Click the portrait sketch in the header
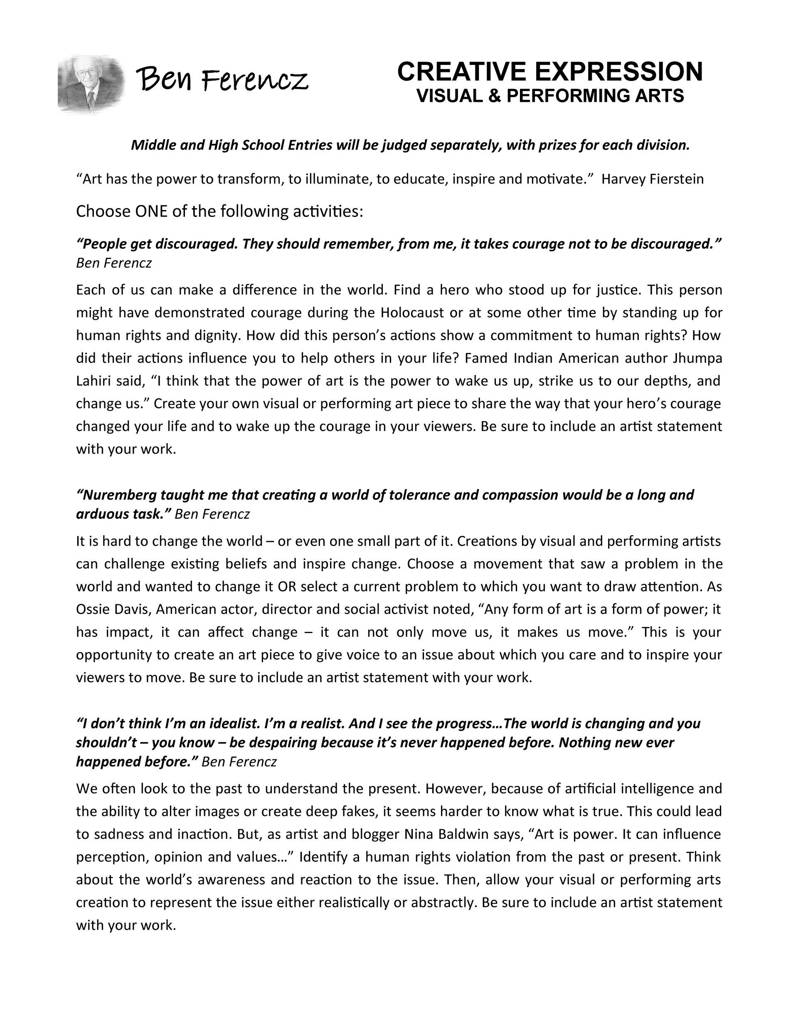pos(91,84)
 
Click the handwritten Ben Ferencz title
pos(222,79)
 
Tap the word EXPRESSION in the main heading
pos(618,72)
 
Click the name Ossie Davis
pos(113,609)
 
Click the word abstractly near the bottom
pos(442,902)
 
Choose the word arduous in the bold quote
pos(102,514)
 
